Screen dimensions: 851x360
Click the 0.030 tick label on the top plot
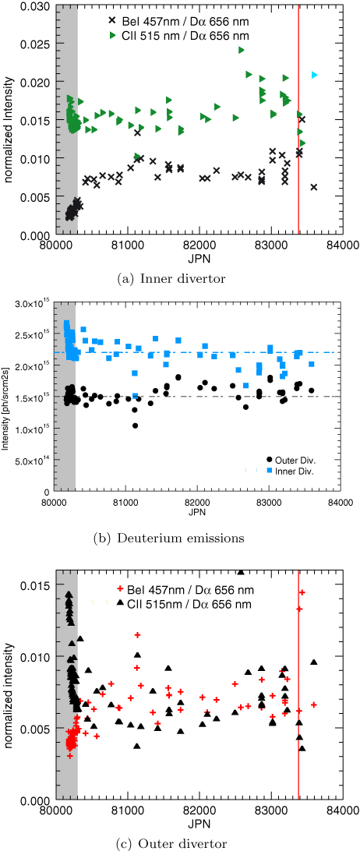[x=35, y=5]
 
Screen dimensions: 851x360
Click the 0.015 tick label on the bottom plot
[x=37, y=584]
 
